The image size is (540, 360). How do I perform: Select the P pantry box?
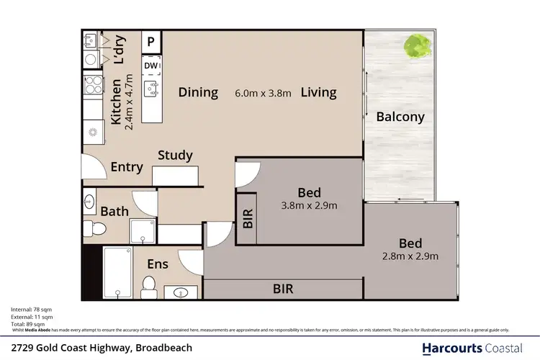151,42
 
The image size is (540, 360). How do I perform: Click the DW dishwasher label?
150,66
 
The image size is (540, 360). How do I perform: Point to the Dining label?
198,92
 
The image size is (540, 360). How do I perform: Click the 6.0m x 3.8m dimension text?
263,93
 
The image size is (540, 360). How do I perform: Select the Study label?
176,155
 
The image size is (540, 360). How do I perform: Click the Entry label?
127,167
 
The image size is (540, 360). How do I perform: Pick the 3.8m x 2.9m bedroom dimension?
309,205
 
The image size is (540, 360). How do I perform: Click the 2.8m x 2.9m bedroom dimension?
410,256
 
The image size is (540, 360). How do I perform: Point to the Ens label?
157,264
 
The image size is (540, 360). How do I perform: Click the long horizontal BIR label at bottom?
282,289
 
